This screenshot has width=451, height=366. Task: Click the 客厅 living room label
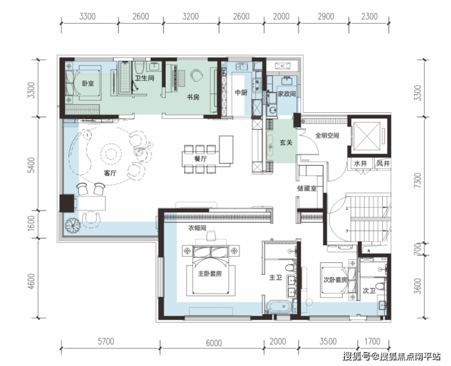110,173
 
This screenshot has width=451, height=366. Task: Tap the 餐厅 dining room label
200,159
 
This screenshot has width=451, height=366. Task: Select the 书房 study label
193,98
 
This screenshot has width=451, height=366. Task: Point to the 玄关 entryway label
286,143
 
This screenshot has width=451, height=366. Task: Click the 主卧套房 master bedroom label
210,273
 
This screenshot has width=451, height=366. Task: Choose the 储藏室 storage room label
307,188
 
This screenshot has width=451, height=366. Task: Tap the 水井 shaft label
360,163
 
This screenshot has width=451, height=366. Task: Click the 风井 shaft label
383,163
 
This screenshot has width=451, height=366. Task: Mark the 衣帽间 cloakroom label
197,228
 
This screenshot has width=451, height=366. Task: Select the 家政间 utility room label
286,94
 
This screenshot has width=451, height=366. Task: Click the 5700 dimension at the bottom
106,342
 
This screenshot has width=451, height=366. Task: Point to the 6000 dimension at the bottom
214,343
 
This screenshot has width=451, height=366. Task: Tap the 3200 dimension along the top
190,16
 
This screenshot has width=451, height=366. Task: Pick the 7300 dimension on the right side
419,181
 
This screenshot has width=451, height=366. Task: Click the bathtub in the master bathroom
279,307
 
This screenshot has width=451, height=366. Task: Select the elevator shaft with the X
366,136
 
